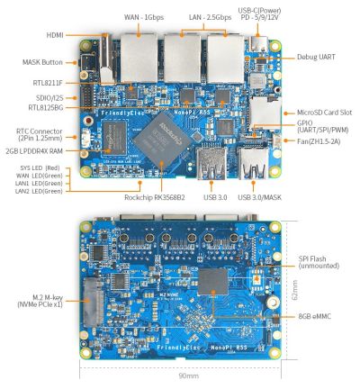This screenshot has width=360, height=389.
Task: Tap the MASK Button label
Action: (x=40, y=62)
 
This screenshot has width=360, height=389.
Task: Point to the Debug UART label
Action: (x=317, y=57)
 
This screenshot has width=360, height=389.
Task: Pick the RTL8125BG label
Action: (x=44, y=107)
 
